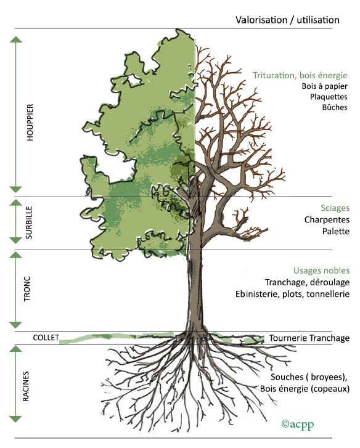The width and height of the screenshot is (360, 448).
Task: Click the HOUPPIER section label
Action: point(30,122)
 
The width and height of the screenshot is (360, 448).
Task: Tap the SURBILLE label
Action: point(29,222)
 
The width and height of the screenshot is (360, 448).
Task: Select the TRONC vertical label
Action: point(27,288)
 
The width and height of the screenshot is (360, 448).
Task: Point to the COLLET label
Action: point(46,338)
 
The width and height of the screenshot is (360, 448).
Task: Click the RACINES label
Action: point(26,386)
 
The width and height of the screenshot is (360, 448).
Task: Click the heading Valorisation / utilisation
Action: point(287,20)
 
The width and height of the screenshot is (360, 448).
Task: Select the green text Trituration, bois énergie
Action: point(300,75)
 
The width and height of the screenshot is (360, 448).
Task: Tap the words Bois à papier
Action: point(325,86)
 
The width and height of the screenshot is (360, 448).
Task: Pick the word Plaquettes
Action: point(329,97)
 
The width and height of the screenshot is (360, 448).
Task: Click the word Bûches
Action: point(335,107)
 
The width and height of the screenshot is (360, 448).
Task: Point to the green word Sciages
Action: point(335,208)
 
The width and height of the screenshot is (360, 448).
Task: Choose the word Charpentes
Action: point(327,219)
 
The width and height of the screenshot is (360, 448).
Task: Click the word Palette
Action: point(336,231)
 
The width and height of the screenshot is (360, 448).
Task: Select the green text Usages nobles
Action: point(321,271)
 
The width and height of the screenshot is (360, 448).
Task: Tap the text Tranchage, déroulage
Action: point(307,282)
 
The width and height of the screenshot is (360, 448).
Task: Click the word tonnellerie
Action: point(328,294)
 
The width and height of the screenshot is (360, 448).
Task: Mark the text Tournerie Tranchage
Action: point(309,338)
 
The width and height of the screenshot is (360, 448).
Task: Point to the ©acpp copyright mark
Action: point(297,424)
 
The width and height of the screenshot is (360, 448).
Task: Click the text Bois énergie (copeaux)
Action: point(305,389)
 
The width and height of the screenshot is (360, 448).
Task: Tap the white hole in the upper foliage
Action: point(134,80)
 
